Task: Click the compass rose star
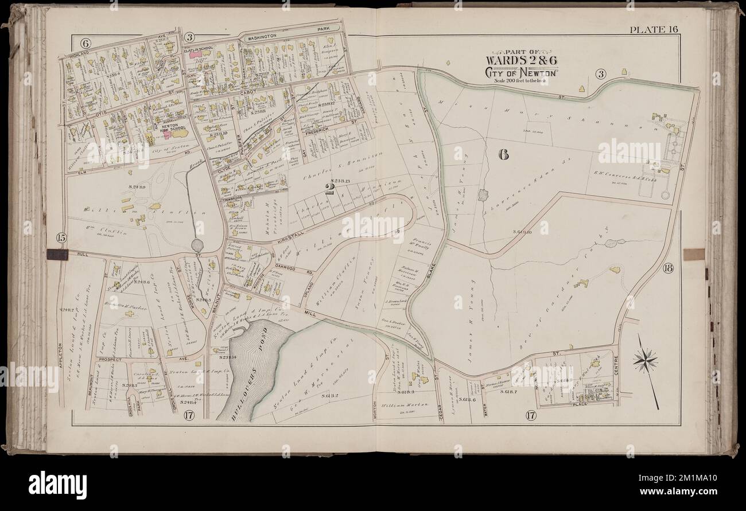click(645, 360)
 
